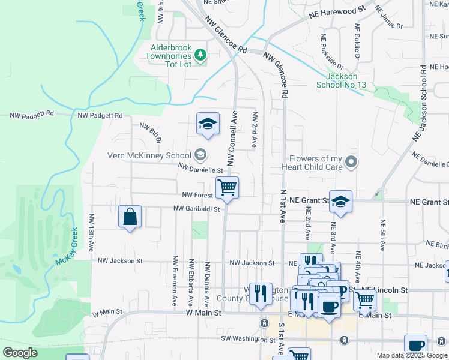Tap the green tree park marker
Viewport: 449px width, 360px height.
click(201, 56)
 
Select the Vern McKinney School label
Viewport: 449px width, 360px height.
click(149, 155)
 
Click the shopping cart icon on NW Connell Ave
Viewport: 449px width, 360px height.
click(228, 187)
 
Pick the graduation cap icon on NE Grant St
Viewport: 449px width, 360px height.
click(340, 202)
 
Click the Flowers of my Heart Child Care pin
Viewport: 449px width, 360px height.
click(351, 162)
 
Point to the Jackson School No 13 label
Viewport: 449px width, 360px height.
click(341, 80)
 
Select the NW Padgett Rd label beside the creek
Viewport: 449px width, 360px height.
click(100, 115)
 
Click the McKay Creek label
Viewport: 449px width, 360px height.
click(67, 247)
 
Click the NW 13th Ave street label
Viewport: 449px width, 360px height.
click(92, 232)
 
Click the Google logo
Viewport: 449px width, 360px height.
click(20, 353)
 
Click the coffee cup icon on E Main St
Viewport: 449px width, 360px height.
click(328, 307)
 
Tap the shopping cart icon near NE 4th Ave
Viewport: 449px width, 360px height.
click(364, 299)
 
